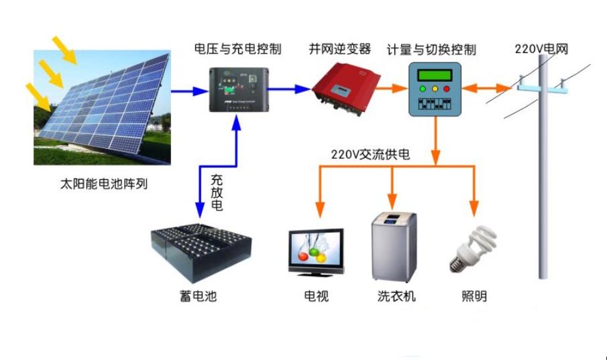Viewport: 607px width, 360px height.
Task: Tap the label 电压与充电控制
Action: (237, 49)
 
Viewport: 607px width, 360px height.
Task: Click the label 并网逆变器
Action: (340, 49)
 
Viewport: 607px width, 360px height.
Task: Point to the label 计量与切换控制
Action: (431, 50)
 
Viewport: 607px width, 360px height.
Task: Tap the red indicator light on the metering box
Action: (447, 88)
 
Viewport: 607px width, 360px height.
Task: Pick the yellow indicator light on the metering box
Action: (435, 88)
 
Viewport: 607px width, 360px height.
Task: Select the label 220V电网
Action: (541, 49)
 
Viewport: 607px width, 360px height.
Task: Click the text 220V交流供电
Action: (370, 154)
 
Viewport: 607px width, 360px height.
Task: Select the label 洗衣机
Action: (396, 296)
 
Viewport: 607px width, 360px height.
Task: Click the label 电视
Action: (317, 296)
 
